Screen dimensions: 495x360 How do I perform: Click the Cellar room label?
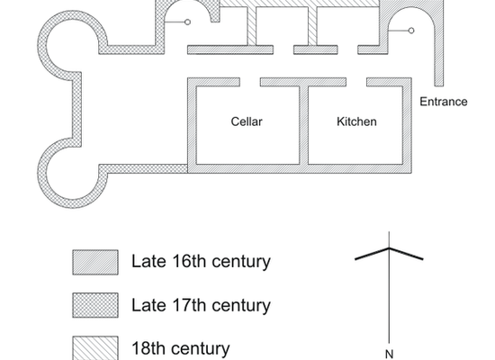click(x=247, y=121)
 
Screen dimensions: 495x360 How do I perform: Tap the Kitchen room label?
click(x=356, y=121)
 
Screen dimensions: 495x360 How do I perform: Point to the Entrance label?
click(x=443, y=102)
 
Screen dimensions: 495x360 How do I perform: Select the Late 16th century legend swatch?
click(x=95, y=262)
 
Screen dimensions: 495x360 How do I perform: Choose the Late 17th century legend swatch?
click(x=95, y=305)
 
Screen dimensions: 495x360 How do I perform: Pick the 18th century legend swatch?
click(x=95, y=347)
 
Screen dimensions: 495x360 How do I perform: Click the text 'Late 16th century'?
click(x=201, y=262)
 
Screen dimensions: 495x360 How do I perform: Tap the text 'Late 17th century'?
click(x=201, y=305)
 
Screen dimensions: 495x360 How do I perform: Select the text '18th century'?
click(x=181, y=348)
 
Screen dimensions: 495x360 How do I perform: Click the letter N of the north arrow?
click(x=389, y=355)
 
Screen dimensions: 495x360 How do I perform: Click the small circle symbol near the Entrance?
click(x=411, y=31)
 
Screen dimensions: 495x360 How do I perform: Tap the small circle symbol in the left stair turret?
click(x=187, y=22)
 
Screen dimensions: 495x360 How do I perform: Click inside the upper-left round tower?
click(x=73, y=45)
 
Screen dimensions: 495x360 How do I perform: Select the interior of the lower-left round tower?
click(x=73, y=174)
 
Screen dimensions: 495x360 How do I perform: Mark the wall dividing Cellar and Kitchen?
click(x=303, y=125)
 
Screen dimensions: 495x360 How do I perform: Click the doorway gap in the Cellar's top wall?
click(x=250, y=82)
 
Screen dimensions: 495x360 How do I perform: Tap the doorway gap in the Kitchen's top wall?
click(x=356, y=82)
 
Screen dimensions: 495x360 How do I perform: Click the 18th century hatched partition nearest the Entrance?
click(x=312, y=26)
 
